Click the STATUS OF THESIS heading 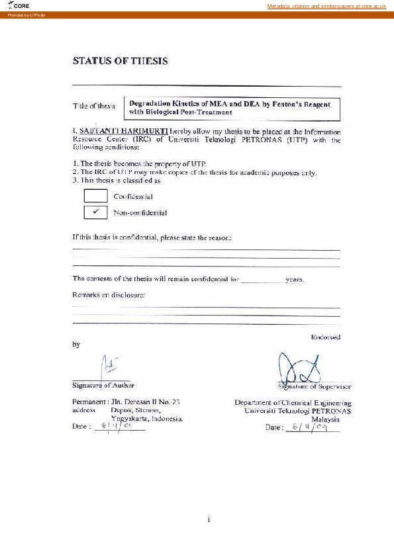tap(120, 61)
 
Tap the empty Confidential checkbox tap(96, 196)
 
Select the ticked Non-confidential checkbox tap(96, 212)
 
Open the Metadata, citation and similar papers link tap(326, 6)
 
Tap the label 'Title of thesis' tap(94, 106)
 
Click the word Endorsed tap(326, 337)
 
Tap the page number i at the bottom tap(209, 519)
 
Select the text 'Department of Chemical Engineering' tap(293, 402)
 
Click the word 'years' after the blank tap(294, 280)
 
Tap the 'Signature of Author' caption tap(103, 385)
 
